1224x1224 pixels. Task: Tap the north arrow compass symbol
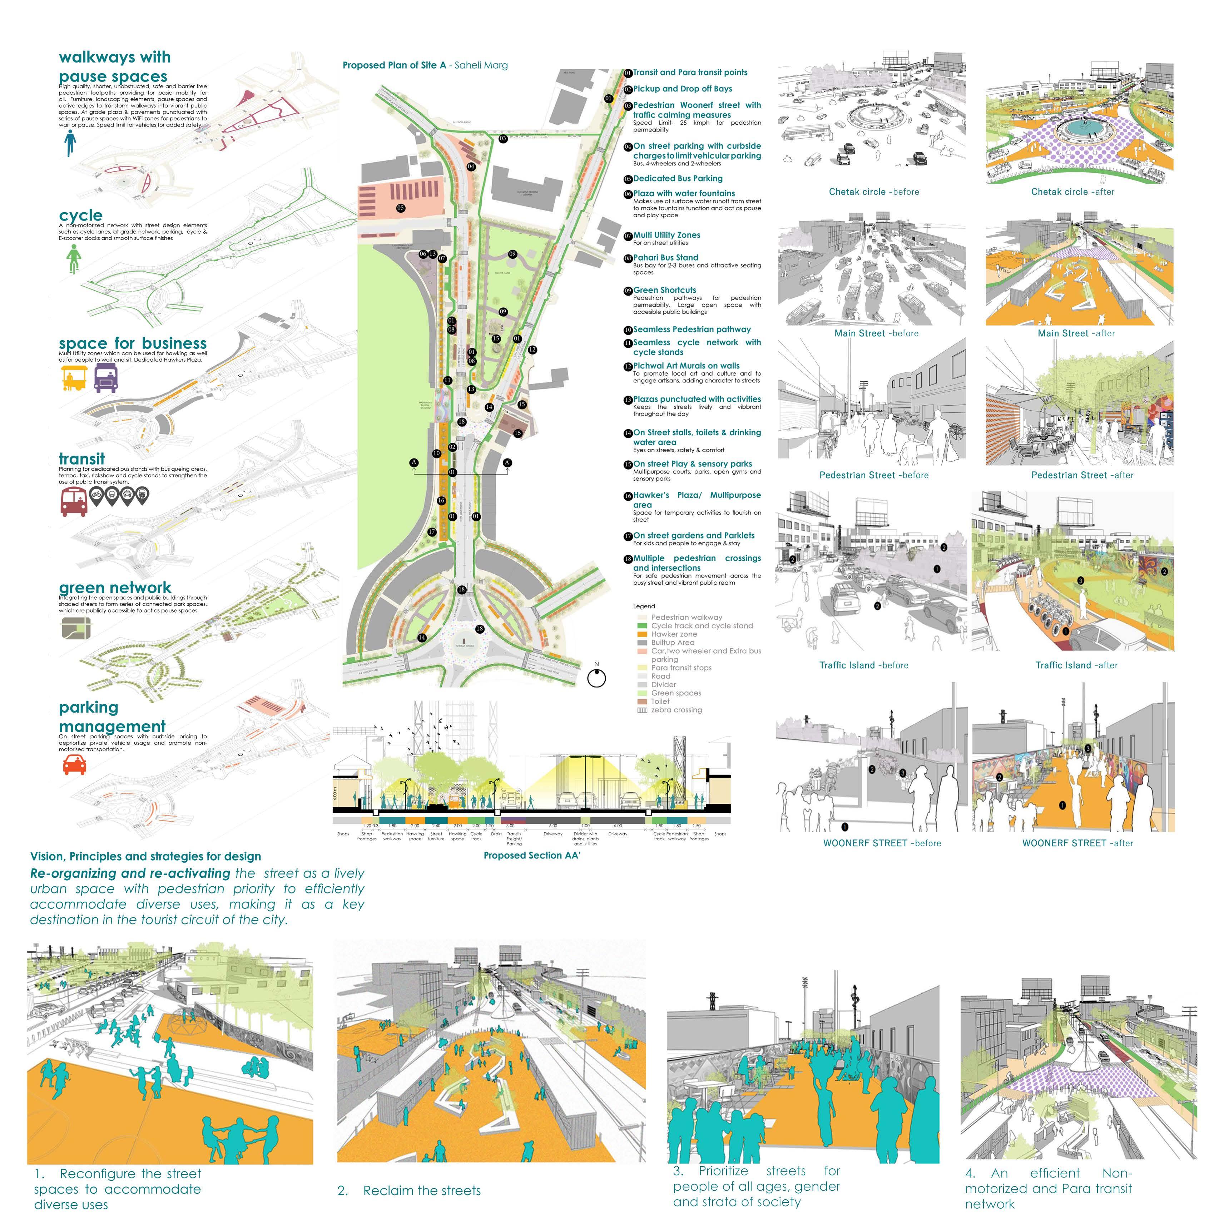coord(596,677)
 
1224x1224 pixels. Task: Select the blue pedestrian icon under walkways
coord(70,143)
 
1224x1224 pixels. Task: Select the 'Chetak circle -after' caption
coord(1072,192)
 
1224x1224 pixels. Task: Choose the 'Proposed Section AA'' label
coord(531,855)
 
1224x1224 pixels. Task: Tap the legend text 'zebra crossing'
coord(676,710)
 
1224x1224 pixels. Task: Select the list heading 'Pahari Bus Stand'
coord(665,258)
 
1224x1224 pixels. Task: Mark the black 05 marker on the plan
coord(400,208)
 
